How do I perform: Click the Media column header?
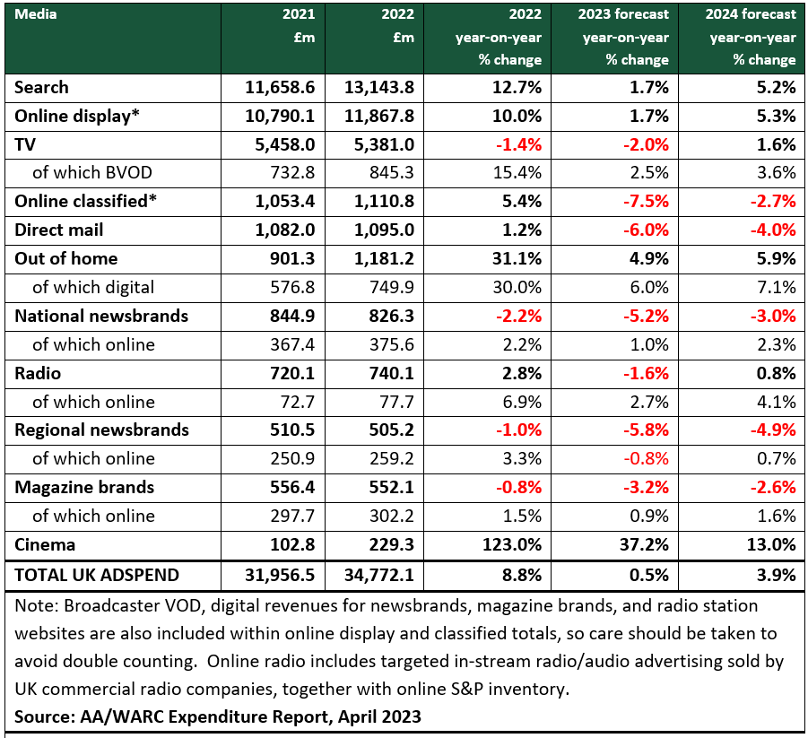36,14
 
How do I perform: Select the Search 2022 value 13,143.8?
378,88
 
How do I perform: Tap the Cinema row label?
45,544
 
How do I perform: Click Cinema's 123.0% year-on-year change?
512,544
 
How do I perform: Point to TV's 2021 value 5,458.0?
285,144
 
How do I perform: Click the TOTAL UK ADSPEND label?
97,575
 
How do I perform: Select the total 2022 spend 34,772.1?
378,575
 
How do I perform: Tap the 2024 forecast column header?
751,37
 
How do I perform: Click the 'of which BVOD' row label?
92,173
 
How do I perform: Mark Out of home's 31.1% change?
517,259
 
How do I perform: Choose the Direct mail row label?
59,230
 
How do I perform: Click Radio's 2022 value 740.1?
391,374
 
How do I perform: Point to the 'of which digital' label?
93,288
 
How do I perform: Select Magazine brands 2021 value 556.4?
292,488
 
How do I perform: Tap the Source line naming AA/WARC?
217,716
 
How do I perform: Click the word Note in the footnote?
35,605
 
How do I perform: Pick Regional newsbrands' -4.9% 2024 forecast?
773,430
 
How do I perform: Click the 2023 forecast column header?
623,37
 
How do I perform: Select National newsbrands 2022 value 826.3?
391,316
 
